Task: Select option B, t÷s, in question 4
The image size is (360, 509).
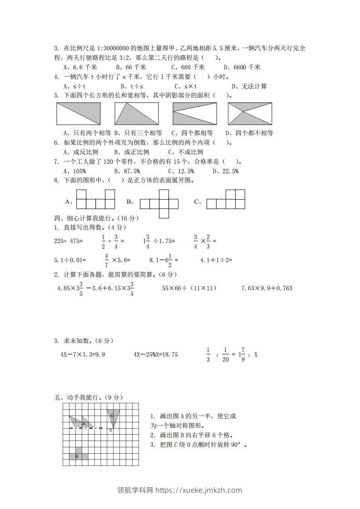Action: coord(132,86)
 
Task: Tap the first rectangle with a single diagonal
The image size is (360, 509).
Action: coord(78,113)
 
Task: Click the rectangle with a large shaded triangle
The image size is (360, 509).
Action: coord(136,113)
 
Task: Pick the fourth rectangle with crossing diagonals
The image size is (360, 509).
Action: coord(250,113)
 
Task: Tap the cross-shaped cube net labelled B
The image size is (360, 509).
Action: coord(160,203)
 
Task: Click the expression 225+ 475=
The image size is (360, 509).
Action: coord(68,241)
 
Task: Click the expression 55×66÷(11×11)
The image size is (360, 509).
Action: coord(189,288)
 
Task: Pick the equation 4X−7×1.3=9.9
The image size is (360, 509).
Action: coord(83,355)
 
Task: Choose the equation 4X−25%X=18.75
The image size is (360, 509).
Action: coord(156,355)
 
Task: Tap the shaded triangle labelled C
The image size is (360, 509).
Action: coord(113,416)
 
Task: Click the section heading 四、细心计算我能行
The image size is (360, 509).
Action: coord(96,218)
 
